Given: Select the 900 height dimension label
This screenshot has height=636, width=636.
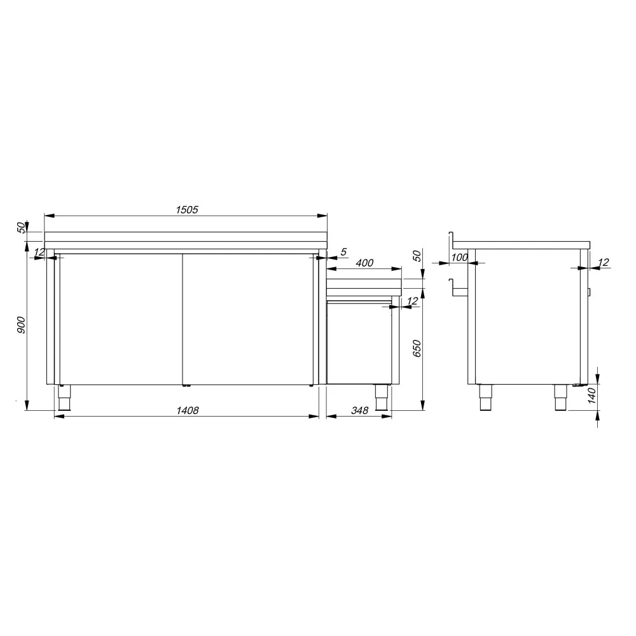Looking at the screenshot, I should coord(20,326).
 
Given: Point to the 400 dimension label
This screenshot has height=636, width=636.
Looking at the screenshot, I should coord(364,263).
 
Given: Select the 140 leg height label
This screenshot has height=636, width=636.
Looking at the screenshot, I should coord(591,396).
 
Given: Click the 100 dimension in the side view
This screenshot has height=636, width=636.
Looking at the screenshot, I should coord(459,258).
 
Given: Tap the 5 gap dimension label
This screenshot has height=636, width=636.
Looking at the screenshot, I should coord(343,252).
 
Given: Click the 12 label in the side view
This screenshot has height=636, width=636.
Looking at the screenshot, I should coord(604,262).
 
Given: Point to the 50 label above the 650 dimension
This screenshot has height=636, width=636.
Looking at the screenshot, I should coord(417,256).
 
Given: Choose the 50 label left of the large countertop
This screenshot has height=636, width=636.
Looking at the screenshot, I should coord(20,227).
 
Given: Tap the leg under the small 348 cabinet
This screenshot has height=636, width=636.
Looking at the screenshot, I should coord(382,398).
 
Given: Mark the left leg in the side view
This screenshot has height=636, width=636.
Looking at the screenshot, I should coord(485,398).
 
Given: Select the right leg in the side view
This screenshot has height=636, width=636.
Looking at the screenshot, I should coord(561,398).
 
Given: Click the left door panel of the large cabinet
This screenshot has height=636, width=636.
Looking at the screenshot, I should coord(119,318).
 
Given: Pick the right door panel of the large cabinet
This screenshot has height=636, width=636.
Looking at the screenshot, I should coord(248,318).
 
